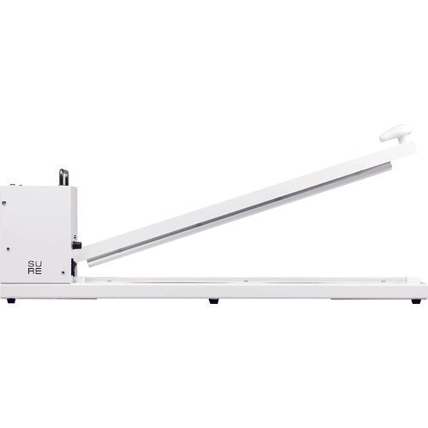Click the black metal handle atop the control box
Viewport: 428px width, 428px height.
[x=63, y=176]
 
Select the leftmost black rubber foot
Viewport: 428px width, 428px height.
[x=10, y=300]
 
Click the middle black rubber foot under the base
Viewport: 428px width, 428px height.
[x=213, y=300]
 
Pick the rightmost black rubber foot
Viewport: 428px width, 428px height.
[x=416, y=300]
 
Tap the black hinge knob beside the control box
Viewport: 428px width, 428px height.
[x=77, y=245]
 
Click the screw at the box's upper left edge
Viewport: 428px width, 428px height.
[x=3, y=204]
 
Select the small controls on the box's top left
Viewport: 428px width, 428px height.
[x=15, y=184]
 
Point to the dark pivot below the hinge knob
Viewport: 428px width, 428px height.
[x=74, y=267]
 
